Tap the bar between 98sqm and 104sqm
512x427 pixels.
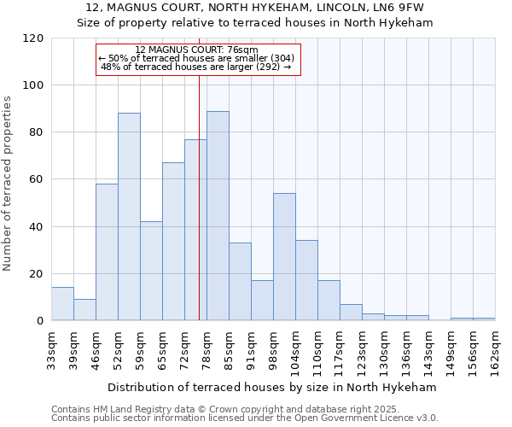(284, 256)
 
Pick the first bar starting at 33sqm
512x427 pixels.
(62, 303)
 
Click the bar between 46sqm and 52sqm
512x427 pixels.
(107, 252)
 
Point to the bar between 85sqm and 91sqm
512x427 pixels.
(240, 281)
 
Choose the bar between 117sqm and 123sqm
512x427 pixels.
(351, 312)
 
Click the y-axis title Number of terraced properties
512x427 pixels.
(8, 183)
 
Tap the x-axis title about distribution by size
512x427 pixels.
(272, 387)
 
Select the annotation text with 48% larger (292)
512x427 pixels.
(195, 67)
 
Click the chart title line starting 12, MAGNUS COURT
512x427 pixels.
(255, 8)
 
